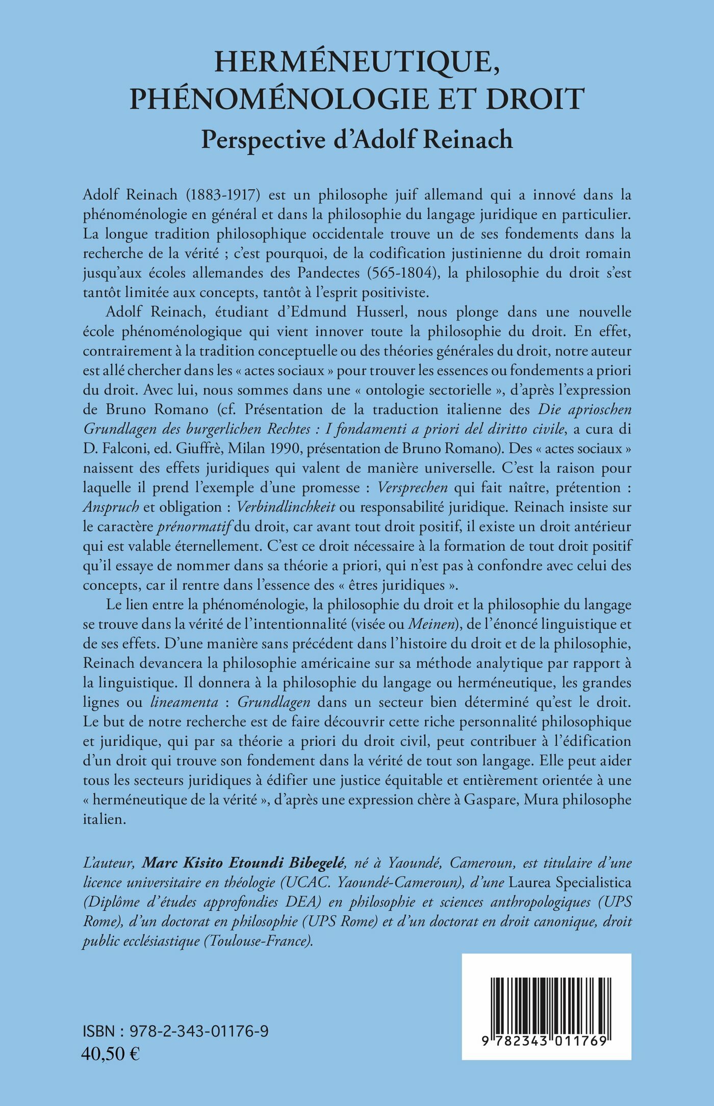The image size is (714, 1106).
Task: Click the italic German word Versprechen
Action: pyautogui.click(x=412, y=487)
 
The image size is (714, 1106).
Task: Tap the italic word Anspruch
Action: pyautogui.click(x=111, y=507)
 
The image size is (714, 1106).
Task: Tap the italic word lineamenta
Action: pyautogui.click(x=184, y=702)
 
